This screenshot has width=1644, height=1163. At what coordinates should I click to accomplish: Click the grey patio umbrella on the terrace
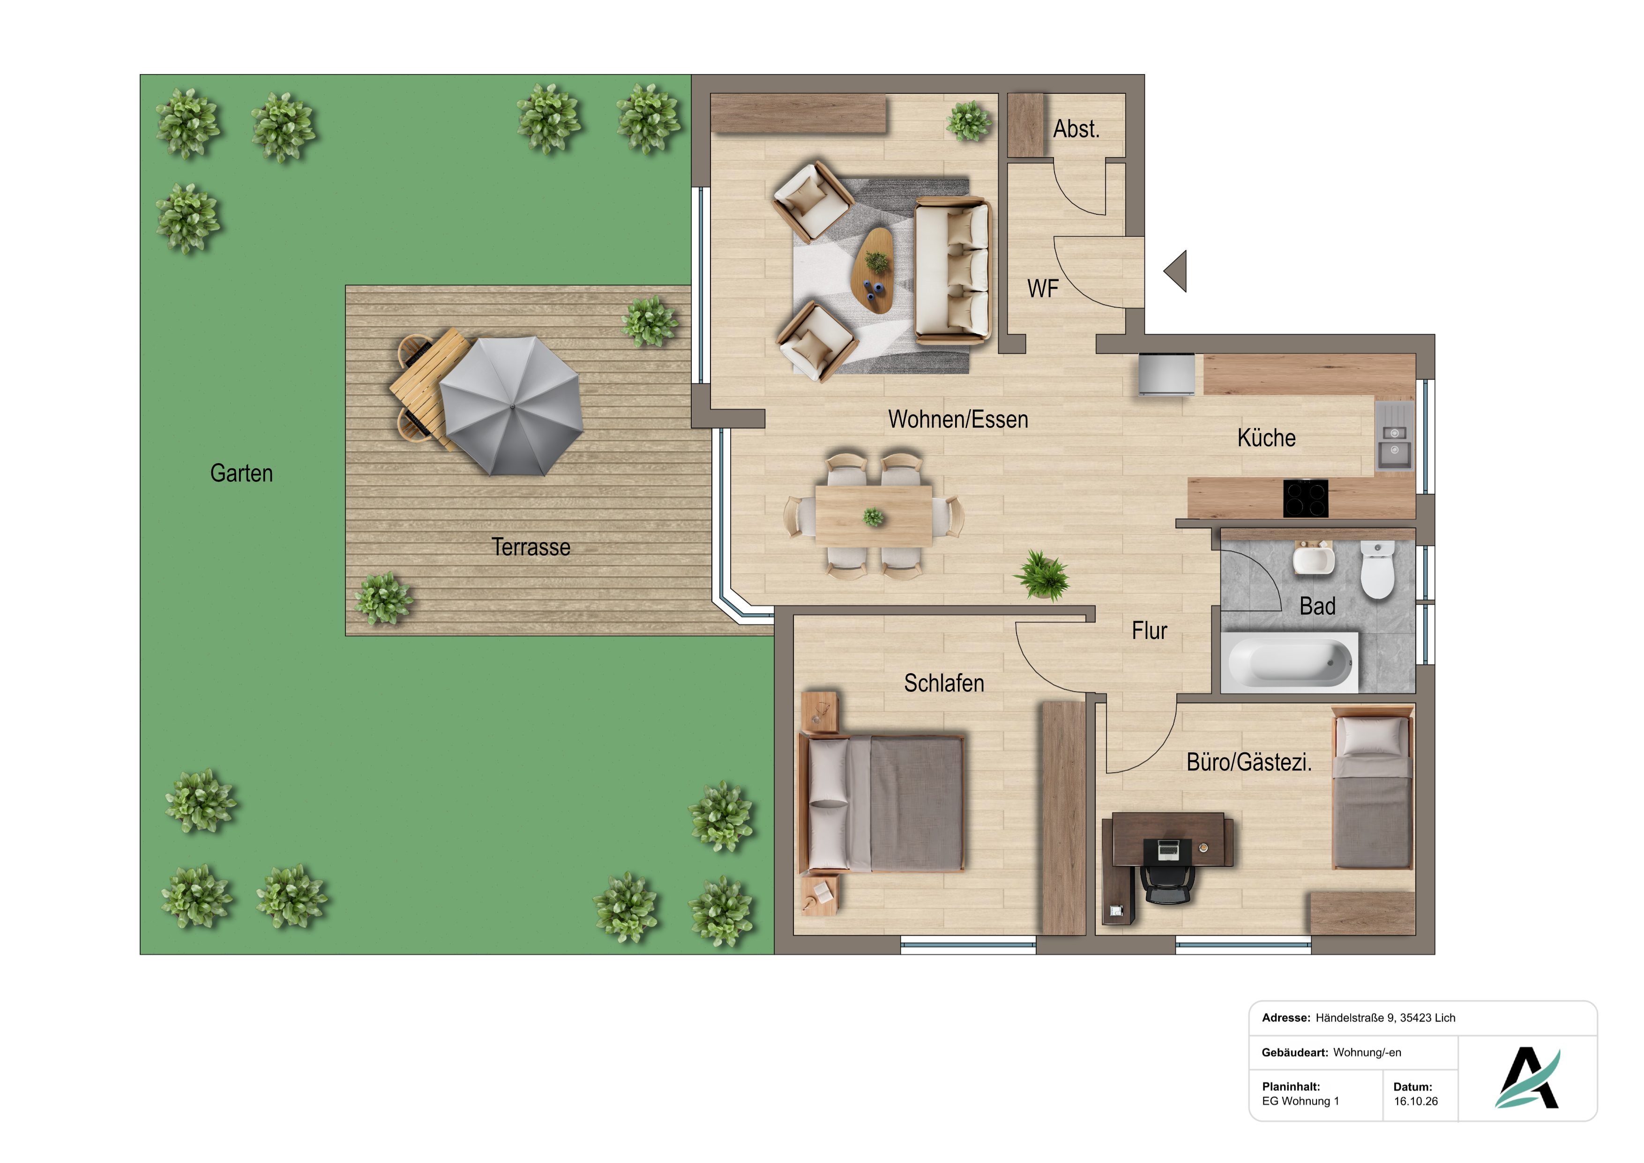(511, 406)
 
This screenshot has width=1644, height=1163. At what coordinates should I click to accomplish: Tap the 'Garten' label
(241, 473)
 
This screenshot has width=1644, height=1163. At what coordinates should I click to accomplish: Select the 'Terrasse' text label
(531, 547)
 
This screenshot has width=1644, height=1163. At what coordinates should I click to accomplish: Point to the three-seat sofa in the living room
(952, 270)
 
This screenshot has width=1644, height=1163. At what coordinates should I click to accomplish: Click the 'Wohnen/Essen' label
(958, 420)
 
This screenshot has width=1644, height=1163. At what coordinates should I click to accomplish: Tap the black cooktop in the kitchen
(1305, 498)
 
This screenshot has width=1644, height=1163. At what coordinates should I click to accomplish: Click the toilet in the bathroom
(1377, 570)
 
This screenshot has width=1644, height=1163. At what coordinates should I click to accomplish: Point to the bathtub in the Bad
(1289, 662)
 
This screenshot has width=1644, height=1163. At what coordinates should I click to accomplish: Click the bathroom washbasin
(1314, 558)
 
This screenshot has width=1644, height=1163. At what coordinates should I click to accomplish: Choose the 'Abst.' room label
(1076, 130)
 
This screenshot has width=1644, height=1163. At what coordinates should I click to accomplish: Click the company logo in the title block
(1527, 1078)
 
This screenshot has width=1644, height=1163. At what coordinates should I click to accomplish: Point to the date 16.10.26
(1416, 1102)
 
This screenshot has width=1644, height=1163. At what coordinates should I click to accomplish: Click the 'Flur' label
(1149, 631)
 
